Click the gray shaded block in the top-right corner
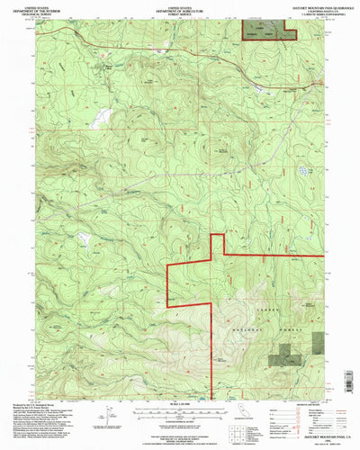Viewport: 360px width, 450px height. [x=267, y=31]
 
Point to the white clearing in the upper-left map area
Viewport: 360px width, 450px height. [x=105, y=117]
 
